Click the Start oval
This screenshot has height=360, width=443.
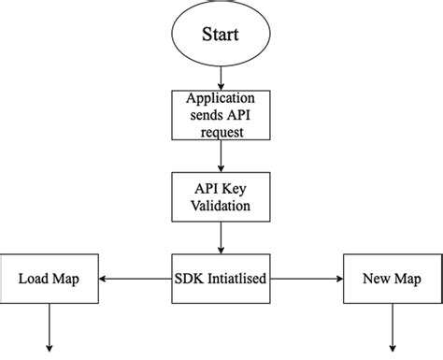(x=221, y=35)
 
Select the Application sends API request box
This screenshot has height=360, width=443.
(x=221, y=114)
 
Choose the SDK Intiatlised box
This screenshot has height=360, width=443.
(x=221, y=279)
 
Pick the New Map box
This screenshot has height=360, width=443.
(x=392, y=279)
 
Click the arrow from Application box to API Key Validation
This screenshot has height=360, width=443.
(x=221, y=154)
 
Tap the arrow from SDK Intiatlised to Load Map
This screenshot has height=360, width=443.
(x=135, y=279)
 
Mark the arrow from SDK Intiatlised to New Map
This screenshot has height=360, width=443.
(x=307, y=279)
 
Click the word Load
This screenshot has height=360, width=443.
(x=34, y=279)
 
